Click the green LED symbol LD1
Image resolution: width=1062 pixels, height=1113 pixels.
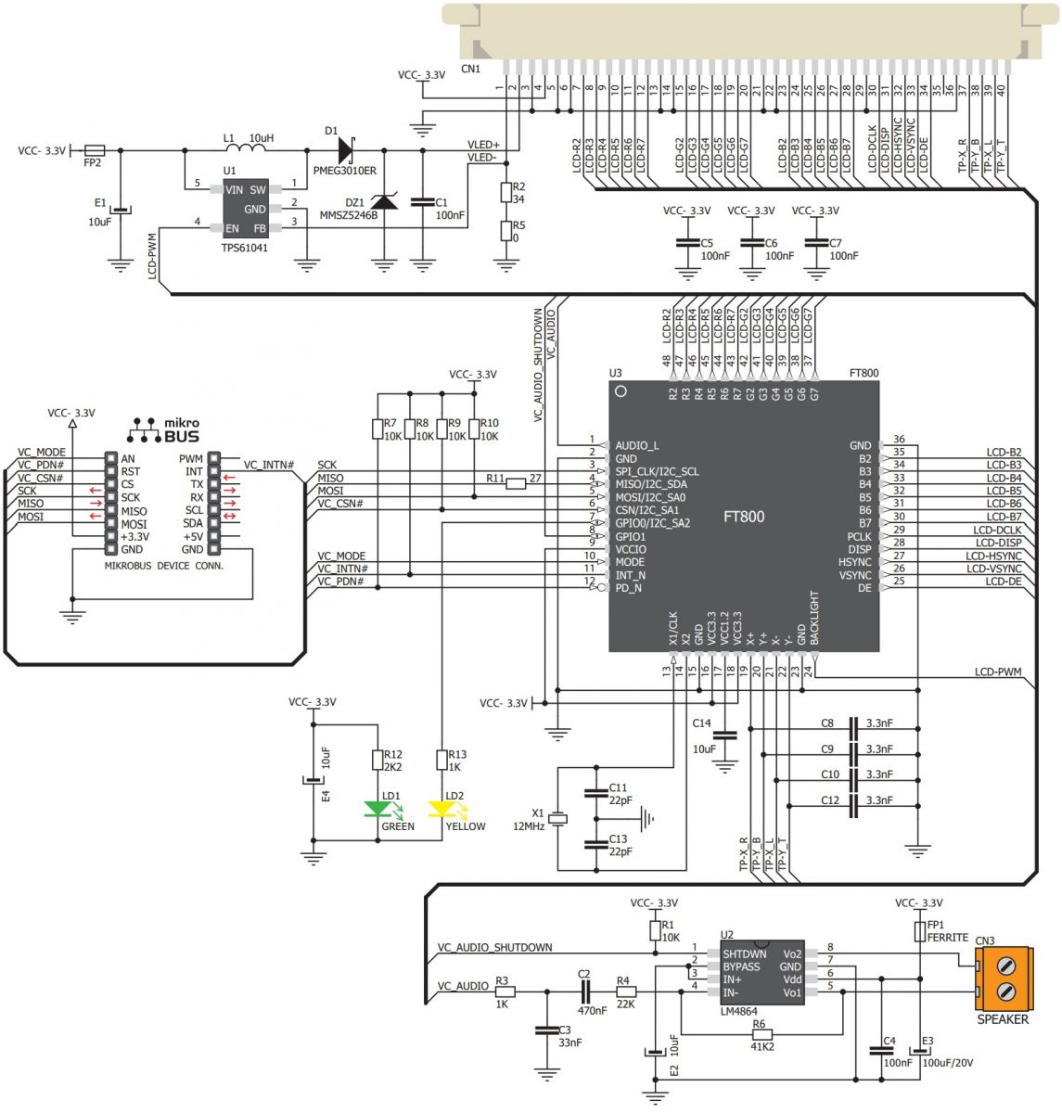[x=377, y=810]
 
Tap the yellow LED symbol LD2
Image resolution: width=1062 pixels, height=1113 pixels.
[x=441, y=810]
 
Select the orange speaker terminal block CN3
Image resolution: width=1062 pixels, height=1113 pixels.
[x=1004, y=979]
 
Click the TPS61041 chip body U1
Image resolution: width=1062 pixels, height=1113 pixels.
[x=245, y=209]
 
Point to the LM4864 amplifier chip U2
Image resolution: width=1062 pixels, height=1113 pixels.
[x=762, y=973]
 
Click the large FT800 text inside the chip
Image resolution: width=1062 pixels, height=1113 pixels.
[x=744, y=517]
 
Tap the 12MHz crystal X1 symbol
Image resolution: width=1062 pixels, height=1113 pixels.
[x=557, y=818]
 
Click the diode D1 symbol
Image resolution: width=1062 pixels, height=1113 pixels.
[x=347, y=148]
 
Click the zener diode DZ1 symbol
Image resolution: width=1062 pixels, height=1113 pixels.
[x=384, y=202]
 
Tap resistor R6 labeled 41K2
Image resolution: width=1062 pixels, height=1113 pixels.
[x=761, y=1032]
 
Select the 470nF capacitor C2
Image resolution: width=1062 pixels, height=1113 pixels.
[x=584, y=991]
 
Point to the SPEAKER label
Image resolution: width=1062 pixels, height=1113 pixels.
[x=1003, y=1019]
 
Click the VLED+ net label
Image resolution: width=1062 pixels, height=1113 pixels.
[x=483, y=145]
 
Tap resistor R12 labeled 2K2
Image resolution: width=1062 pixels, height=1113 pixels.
[x=377, y=761]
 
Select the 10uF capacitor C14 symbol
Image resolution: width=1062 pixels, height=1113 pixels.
[x=725, y=735]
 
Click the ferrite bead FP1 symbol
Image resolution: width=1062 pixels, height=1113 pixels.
[x=920, y=930]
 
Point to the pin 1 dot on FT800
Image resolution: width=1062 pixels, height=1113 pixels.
[x=621, y=391]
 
